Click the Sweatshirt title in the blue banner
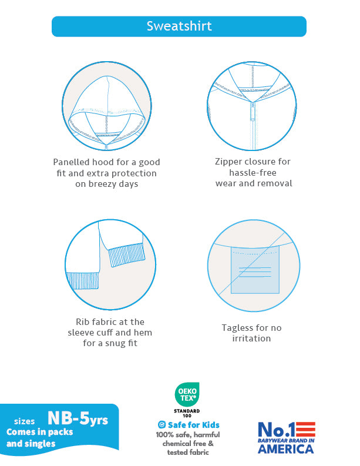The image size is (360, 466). click(x=179, y=26)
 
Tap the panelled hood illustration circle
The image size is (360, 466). click(x=107, y=106)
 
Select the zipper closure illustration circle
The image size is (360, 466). click(x=252, y=106)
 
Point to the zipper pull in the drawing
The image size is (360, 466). click(x=253, y=112)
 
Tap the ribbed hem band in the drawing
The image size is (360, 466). click(x=82, y=280)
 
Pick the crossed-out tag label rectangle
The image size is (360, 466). click(x=255, y=270)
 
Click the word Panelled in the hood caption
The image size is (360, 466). click(x=71, y=162)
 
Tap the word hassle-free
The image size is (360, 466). click(x=253, y=173)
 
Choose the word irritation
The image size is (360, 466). click(x=251, y=338)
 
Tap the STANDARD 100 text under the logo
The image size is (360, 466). click(x=187, y=413)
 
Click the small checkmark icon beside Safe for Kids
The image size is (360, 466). click(x=162, y=425)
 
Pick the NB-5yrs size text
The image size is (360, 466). click(x=78, y=418)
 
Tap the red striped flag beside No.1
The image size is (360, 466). click(x=305, y=430)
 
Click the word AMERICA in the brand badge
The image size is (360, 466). click(x=286, y=449)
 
